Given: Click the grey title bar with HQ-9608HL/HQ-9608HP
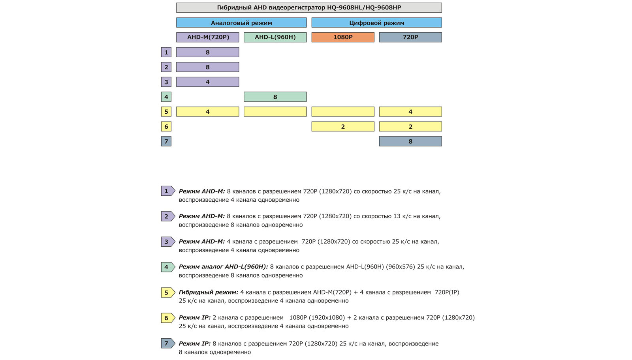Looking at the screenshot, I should tap(309, 7).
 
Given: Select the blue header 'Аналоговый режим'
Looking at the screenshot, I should tap(241, 22).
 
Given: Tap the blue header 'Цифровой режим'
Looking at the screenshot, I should tap(376, 22).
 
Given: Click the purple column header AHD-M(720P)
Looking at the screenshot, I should tap(208, 37).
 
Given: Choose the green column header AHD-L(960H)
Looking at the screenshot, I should tap(275, 37).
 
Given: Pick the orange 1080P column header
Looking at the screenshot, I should tap(343, 37).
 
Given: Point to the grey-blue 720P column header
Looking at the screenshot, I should tap(410, 37).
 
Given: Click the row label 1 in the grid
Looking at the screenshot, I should tap(166, 52).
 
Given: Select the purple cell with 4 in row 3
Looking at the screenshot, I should tap(208, 82).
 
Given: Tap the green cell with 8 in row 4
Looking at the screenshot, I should tap(275, 97).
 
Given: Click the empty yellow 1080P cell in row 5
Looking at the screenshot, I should tap(343, 112).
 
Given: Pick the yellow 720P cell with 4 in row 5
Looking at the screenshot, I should tap(410, 112).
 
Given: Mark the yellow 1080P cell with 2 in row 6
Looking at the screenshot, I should tap(343, 126).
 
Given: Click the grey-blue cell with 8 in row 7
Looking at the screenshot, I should tap(410, 141).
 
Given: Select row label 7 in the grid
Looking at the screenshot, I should tap(166, 141).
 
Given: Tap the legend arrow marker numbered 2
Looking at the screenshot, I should tap(167, 216).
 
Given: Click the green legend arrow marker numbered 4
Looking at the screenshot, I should tap(167, 267).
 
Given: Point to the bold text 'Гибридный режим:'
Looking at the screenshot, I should tap(209, 292).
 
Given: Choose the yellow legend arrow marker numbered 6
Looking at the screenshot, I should tap(167, 318).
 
